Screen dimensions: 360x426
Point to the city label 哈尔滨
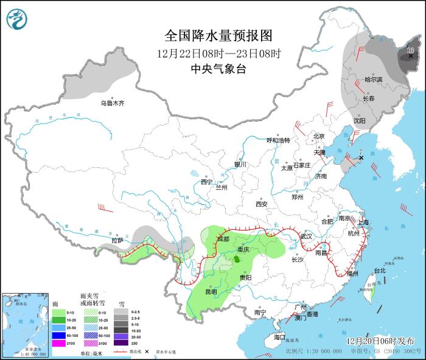click(x=373, y=80)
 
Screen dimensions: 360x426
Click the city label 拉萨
click(x=117, y=240)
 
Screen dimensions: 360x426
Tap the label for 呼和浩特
click(x=279, y=140)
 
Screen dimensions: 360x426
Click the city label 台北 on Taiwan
click(x=379, y=270)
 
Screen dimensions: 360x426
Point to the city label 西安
click(x=262, y=204)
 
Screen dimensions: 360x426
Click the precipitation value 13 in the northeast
click(x=410, y=50)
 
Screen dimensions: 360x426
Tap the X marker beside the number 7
click(x=361, y=158)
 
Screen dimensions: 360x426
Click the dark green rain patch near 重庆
click(x=237, y=259)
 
